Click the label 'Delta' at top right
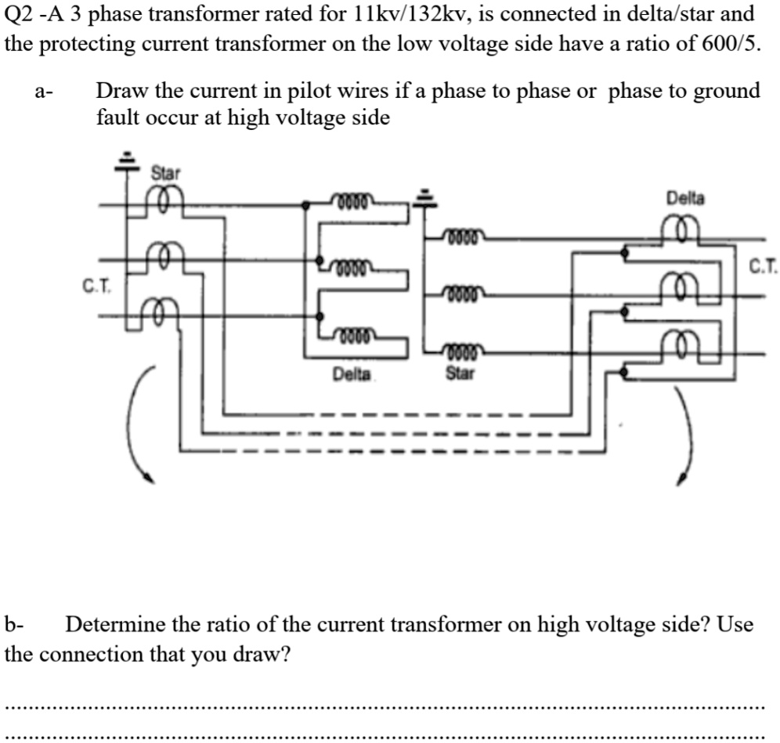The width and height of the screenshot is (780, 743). click(x=685, y=198)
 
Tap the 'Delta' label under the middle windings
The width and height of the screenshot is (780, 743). click(x=352, y=375)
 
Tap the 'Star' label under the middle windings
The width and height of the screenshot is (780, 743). click(x=460, y=373)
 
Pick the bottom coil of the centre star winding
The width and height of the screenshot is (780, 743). click(x=465, y=351)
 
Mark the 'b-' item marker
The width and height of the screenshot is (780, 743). click(x=14, y=625)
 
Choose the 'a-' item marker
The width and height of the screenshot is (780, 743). click(x=43, y=92)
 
